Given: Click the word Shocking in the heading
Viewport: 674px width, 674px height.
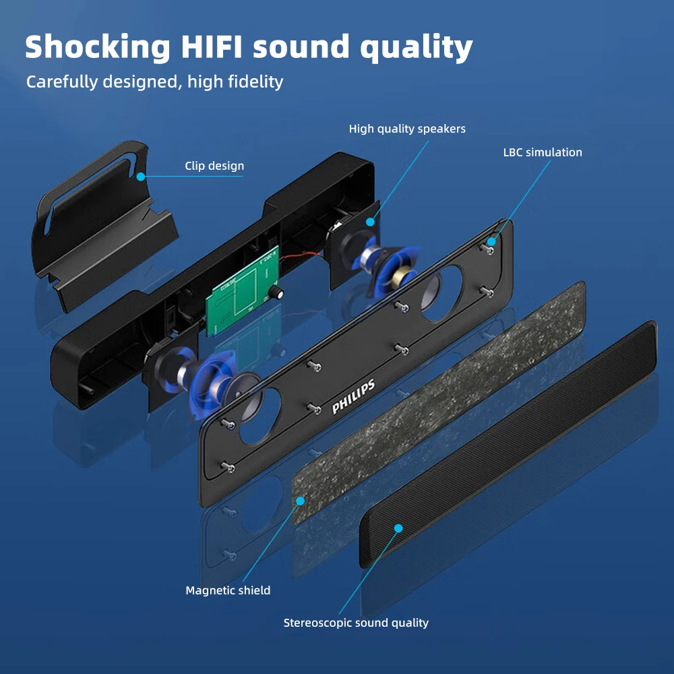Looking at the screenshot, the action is point(98,47).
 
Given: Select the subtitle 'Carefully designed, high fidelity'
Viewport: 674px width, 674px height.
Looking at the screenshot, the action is point(154,82).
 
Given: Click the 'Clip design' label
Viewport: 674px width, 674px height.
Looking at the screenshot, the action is point(214,166).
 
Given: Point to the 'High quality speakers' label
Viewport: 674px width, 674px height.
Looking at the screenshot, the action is point(407,129).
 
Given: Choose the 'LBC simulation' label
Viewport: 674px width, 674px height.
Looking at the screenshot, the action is point(543,152).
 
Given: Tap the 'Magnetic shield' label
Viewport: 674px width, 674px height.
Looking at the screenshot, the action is point(228,590).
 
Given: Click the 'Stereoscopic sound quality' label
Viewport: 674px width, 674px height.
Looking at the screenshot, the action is point(356,623).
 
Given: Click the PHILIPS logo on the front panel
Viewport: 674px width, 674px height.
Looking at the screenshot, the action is point(353,398).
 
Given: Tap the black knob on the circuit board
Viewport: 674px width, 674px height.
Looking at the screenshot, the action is point(276,292).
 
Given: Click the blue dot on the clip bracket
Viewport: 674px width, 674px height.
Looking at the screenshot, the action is point(141,177).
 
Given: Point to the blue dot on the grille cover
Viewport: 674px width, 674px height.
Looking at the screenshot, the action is point(398,528).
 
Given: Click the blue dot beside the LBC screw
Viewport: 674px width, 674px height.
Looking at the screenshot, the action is point(492,241).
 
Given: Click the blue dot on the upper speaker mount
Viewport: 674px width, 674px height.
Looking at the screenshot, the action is point(369,221).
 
